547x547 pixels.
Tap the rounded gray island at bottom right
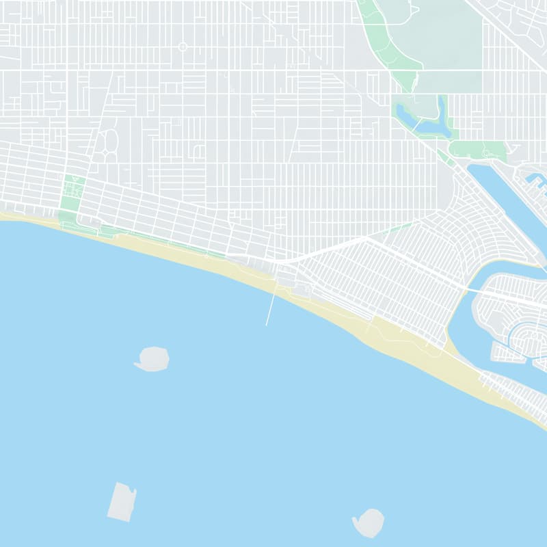tap(370, 522)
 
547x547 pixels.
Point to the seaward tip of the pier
tap(267, 325)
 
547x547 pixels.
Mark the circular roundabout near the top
tap(183, 46)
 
